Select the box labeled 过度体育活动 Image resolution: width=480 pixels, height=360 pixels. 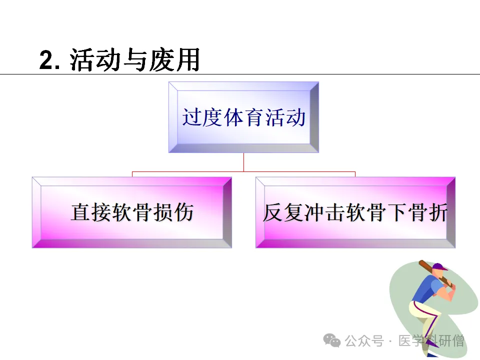tap(243, 117)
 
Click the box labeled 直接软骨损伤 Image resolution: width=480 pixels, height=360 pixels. tap(132, 212)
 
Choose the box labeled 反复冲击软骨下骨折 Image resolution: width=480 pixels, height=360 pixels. tap(355, 212)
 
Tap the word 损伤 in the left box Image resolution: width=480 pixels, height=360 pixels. tap(175, 212)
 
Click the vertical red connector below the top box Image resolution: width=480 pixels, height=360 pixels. tap(243, 162)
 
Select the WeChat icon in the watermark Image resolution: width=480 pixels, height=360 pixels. tap(331, 341)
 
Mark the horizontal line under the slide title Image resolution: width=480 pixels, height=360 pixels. tap(240, 74)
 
